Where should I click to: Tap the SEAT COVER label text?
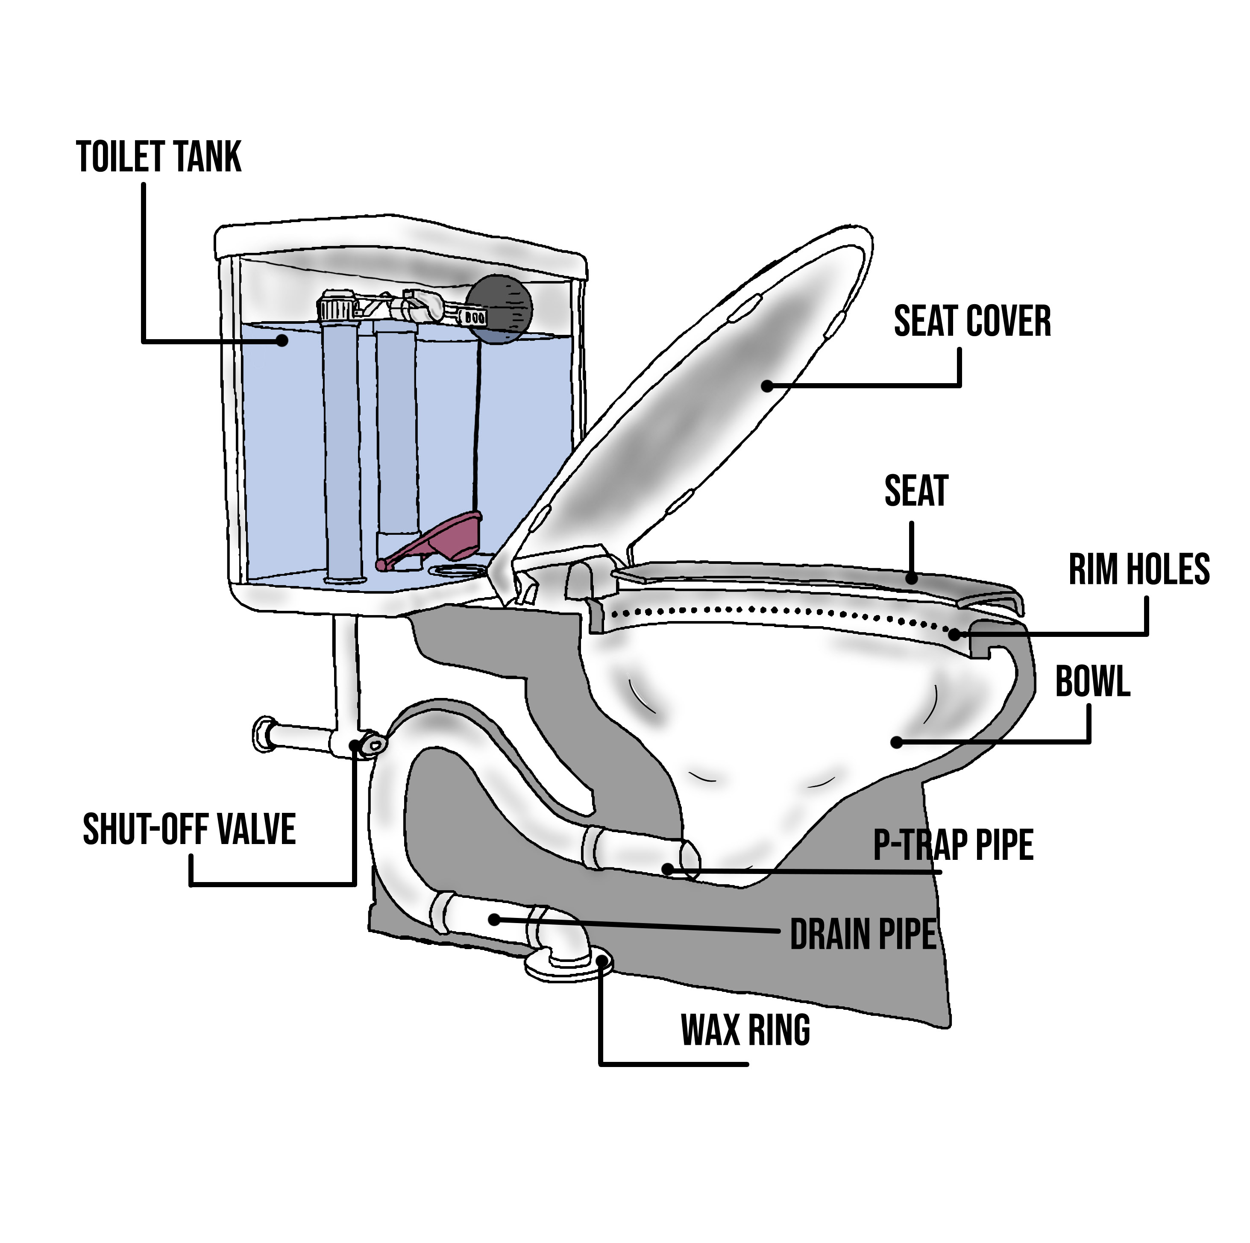pos(972,322)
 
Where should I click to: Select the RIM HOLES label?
pos(1139,569)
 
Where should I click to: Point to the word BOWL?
pos(1093,682)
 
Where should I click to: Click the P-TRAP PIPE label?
pos(953,844)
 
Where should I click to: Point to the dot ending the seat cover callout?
pos(767,386)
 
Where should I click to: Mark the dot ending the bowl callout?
pos(897,742)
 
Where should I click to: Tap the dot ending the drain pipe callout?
pos(494,919)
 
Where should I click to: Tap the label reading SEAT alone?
pos(915,491)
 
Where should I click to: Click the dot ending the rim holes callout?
pos(955,635)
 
